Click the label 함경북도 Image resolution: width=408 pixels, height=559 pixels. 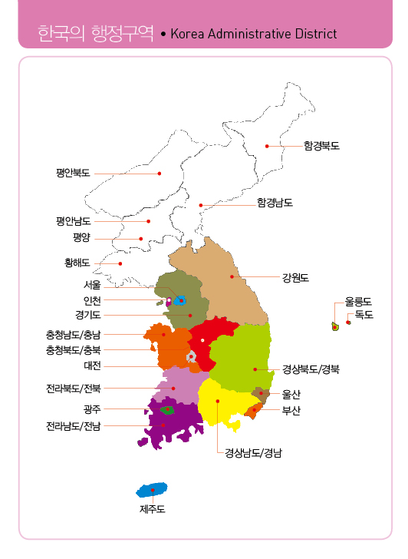pos(321,145)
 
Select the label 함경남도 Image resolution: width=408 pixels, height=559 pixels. pos(275,203)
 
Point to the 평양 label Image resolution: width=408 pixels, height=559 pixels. pos(82,238)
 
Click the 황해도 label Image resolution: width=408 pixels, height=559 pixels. pos(77,263)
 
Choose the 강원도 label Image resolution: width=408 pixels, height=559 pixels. pos(294,276)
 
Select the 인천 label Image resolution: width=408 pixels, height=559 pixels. pos(92,300)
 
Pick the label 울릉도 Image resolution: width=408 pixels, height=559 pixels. pos(358,302)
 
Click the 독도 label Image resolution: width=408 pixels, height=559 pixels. pos(364,315)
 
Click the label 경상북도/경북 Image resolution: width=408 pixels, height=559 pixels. pos(310,369)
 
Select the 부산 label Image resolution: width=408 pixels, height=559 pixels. pos(291,410)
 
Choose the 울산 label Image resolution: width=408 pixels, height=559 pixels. pos(291,394)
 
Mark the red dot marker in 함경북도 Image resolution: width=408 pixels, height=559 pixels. pos(267,145)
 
